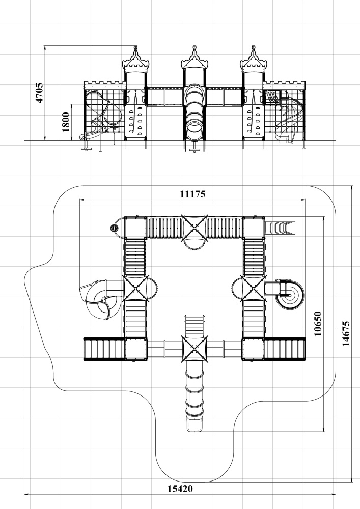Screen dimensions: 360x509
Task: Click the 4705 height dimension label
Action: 39,93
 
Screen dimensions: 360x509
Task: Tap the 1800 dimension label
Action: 66,122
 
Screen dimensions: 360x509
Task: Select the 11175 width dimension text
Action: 193,194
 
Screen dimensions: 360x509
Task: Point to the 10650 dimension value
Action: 318,324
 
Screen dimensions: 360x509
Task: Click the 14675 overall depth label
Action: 346,334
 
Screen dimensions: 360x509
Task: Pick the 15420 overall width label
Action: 180,489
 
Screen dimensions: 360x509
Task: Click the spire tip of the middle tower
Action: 195,46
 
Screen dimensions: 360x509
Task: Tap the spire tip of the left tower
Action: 135,46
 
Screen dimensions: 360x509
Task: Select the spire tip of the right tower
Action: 254,46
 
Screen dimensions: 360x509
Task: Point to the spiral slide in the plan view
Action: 290,295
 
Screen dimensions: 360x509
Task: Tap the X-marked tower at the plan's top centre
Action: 194,228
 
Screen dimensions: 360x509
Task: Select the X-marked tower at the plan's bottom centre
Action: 194,349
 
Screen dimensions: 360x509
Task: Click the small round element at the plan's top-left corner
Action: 115,228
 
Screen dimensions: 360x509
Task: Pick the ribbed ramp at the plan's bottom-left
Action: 104,349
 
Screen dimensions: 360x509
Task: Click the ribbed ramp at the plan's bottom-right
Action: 284,349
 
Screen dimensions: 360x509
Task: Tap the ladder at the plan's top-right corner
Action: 281,228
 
